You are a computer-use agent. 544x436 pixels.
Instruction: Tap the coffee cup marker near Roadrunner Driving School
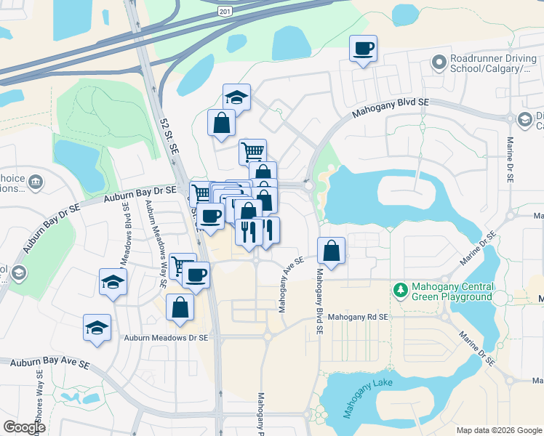(364, 49)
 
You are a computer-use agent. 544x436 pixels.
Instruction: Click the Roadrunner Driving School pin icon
(439, 62)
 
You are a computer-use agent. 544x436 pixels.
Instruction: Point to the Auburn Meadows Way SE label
(154, 232)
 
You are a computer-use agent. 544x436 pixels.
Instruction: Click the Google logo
(25, 427)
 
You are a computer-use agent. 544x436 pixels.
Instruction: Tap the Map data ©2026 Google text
(498, 430)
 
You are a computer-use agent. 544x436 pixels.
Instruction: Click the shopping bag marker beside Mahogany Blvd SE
(332, 251)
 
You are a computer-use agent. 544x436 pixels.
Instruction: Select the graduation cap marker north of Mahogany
(236, 97)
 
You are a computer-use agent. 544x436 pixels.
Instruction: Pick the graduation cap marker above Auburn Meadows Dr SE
(113, 282)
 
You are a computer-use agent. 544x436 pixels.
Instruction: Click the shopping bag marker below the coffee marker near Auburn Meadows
(180, 308)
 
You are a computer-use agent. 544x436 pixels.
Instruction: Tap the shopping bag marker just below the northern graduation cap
(221, 124)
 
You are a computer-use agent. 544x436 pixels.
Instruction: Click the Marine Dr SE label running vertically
(510, 160)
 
